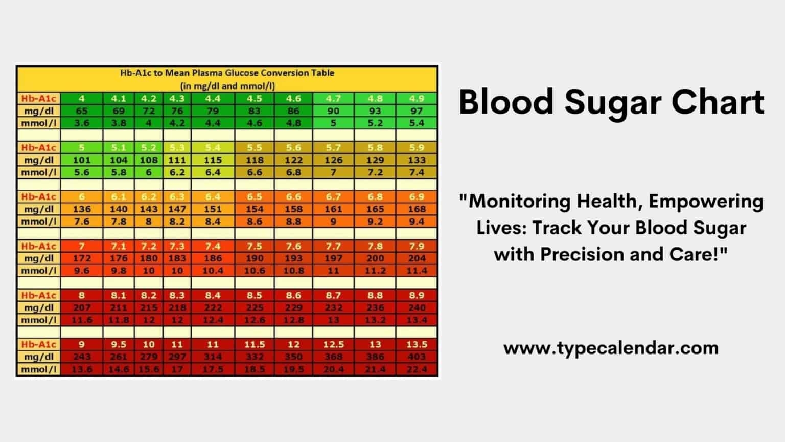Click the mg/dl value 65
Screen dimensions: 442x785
pyautogui.click(x=82, y=110)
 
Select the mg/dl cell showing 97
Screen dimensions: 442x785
pyautogui.click(x=417, y=110)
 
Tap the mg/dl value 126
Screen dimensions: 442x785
pyautogui.click(x=333, y=160)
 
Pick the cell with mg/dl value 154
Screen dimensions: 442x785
pyautogui.click(x=254, y=209)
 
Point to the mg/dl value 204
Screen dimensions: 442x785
pyautogui.click(x=417, y=258)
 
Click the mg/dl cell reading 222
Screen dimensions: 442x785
pyautogui.click(x=213, y=307)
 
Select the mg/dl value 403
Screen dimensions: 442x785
pyautogui.click(x=417, y=357)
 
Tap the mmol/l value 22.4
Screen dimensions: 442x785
pyautogui.click(x=417, y=369)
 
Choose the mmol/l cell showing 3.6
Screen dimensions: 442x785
pyautogui.click(x=82, y=123)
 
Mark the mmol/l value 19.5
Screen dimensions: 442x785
pyautogui.click(x=293, y=369)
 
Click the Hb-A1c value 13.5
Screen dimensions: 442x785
pyautogui.click(x=417, y=344)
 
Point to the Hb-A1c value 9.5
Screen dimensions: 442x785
pyautogui.click(x=119, y=344)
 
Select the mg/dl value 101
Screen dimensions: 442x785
pyautogui.click(x=82, y=160)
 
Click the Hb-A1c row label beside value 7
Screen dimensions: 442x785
pyautogui.click(x=39, y=246)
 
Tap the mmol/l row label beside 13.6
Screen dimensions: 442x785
pyautogui.click(x=39, y=369)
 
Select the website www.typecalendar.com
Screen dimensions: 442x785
pyautogui.click(x=611, y=348)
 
